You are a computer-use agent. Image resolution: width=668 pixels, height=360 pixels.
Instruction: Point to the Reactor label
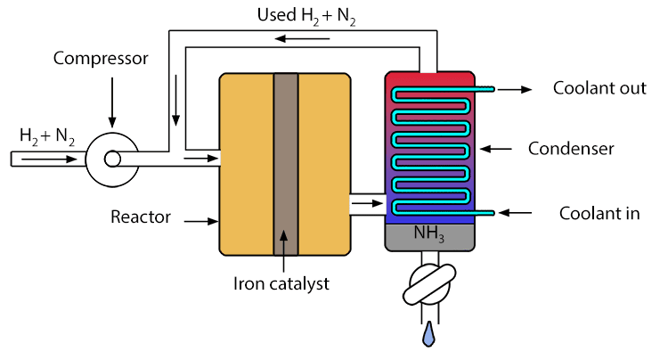click(x=141, y=217)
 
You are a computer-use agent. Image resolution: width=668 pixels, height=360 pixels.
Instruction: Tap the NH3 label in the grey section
click(x=428, y=235)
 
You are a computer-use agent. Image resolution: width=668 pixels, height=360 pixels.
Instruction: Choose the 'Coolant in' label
click(x=599, y=213)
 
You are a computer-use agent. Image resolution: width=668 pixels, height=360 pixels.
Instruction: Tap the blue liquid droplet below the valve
click(x=429, y=333)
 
